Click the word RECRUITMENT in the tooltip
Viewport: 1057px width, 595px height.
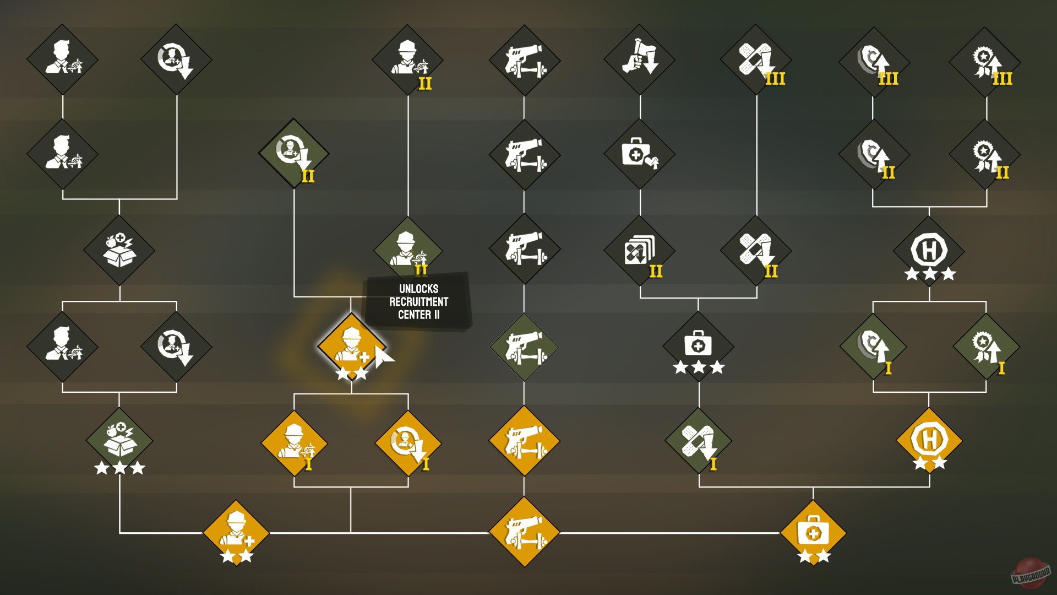(418, 302)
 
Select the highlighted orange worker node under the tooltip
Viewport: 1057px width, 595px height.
(351, 347)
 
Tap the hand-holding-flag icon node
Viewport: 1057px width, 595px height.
(640, 58)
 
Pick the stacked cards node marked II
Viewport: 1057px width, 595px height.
(640, 251)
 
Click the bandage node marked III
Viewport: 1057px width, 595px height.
(756, 59)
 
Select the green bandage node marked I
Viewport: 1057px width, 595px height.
(699, 441)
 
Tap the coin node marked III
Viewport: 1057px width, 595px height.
(873, 61)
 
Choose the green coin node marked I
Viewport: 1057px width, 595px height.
(873, 347)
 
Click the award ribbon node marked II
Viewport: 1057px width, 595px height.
(986, 155)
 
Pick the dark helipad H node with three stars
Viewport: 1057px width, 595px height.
(929, 251)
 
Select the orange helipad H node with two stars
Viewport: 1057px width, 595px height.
(929, 441)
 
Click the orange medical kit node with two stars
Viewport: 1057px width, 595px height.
(813, 533)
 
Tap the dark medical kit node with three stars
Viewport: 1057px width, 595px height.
(698, 346)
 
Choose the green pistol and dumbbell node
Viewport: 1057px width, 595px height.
(524, 347)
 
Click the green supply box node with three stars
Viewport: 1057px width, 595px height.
(119, 441)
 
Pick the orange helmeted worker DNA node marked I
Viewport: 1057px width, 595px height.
(294, 442)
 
